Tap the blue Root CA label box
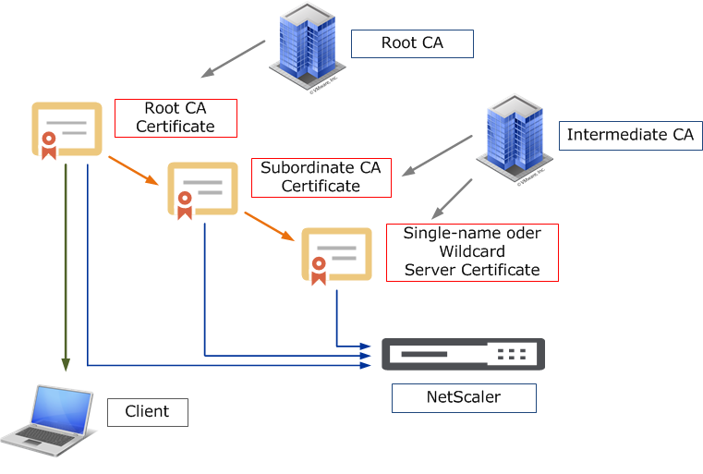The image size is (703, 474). (x=411, y=43)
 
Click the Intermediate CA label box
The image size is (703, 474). (x=630, y=136)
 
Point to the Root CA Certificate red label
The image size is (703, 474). (x=176, y=118)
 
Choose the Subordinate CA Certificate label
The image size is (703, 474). (x=321, y=177)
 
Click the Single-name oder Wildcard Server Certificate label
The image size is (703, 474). (x=472, y=252)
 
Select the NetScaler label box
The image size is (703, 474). (x=464, y=398)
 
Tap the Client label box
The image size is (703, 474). (x=148, y=412)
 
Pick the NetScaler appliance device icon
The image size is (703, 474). (x=463, y=354)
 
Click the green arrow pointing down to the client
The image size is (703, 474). (x=66, y=268)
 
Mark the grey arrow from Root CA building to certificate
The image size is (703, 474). (x=234, y=58)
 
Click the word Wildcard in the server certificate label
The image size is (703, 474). (x=472, y=252)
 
